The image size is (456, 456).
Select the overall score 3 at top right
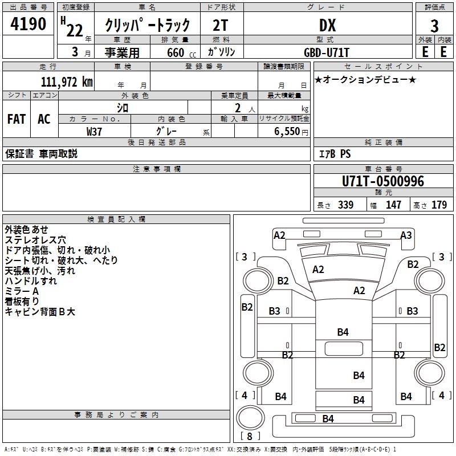[434, 26]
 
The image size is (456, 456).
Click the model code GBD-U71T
[327, 52]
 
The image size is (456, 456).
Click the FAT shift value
[16, 119]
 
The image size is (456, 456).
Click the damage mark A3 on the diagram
[406, 235]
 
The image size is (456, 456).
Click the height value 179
[439, 205]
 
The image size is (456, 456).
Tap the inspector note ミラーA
[21, 291]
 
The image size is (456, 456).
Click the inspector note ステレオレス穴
[35, 240]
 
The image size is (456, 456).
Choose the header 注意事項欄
[156, 169]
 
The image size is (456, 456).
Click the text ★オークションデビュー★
[365, 80]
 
